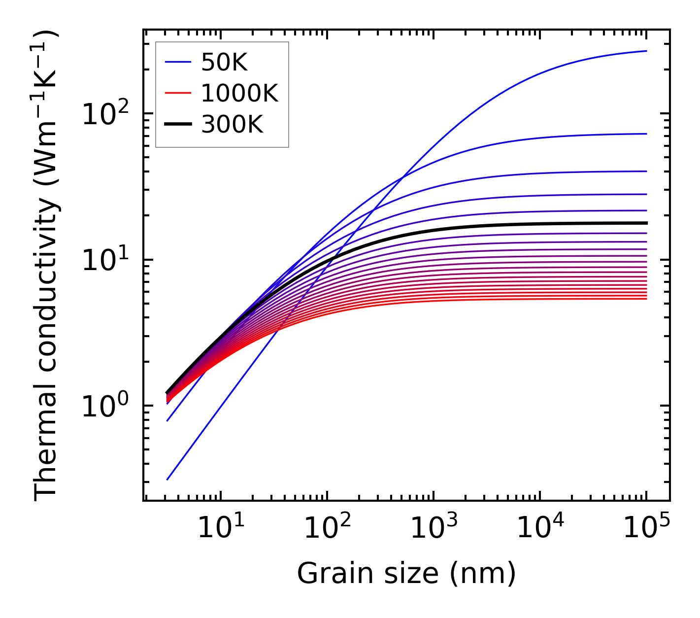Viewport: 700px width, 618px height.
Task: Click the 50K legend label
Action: (224, 63)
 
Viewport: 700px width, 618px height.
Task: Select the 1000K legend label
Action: (239, 93)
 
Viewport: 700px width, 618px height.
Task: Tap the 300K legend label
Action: (232, 125)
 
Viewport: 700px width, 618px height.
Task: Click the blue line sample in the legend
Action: (177, 63)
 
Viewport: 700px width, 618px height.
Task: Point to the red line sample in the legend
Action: (177, 93)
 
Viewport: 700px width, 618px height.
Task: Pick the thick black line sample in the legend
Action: (177, 125)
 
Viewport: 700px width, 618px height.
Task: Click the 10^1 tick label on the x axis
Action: (220, 528)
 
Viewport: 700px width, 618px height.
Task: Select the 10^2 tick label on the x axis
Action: (327, 528)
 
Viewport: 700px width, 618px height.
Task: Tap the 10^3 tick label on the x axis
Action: (433, 528)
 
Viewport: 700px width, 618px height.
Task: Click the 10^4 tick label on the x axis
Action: (540, 528)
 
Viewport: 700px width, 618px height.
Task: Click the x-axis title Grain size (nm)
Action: (406, 574)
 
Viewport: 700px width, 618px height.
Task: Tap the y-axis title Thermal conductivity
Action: (46, 266)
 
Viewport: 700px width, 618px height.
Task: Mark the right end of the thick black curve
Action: (646, 223)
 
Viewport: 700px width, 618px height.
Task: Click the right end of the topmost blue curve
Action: (646, 51)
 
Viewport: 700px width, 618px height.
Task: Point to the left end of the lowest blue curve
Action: (167, 480)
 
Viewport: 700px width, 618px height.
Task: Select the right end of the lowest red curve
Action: (646, 299)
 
